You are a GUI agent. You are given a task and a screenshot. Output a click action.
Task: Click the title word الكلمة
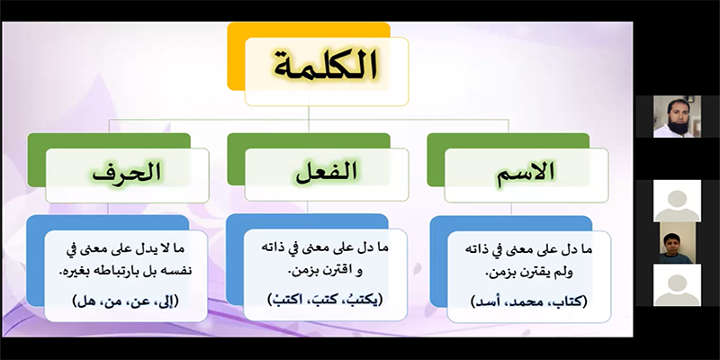tap(326, 67)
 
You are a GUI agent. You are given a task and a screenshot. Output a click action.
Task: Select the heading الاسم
tap(526, 173)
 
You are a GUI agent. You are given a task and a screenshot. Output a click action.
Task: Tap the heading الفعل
tap(327, 173)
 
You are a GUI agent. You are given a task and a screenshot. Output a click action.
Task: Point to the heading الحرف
tap(127, 173)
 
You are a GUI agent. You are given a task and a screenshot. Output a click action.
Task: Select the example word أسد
tap(486, 301)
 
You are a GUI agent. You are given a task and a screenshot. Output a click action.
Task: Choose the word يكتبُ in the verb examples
tap(364, 301)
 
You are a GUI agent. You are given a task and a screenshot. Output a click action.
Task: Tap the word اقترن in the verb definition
tap(336, 272)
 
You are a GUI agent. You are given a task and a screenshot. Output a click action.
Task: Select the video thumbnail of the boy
tap(676, 242)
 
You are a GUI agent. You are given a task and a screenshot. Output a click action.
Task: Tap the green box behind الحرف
tap(37, 160)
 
